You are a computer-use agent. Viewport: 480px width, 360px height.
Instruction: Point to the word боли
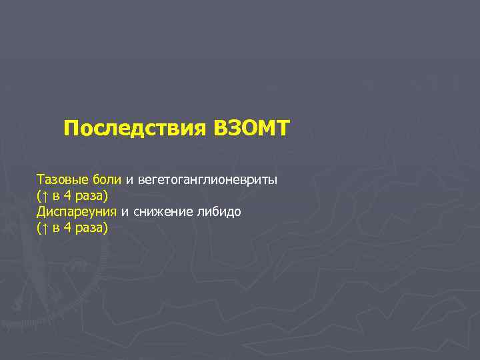click(x=107, y=180)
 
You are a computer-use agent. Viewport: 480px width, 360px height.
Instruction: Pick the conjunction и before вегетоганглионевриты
click(x=129, y=180)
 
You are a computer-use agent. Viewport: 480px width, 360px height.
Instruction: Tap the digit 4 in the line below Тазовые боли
click(x=67, y=196)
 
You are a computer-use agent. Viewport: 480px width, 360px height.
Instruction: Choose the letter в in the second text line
click(x=56, y=197)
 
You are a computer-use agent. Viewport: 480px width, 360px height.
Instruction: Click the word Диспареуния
click(x=77, y=212)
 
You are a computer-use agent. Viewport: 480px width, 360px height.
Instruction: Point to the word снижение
click(x=159, y=212)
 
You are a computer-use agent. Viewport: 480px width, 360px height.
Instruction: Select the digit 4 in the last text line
click(x=67, y=228)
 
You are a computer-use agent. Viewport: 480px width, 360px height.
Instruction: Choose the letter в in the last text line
click(x=56, y=229)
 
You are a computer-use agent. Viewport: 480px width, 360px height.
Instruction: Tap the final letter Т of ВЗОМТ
click(x=283, y=128)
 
